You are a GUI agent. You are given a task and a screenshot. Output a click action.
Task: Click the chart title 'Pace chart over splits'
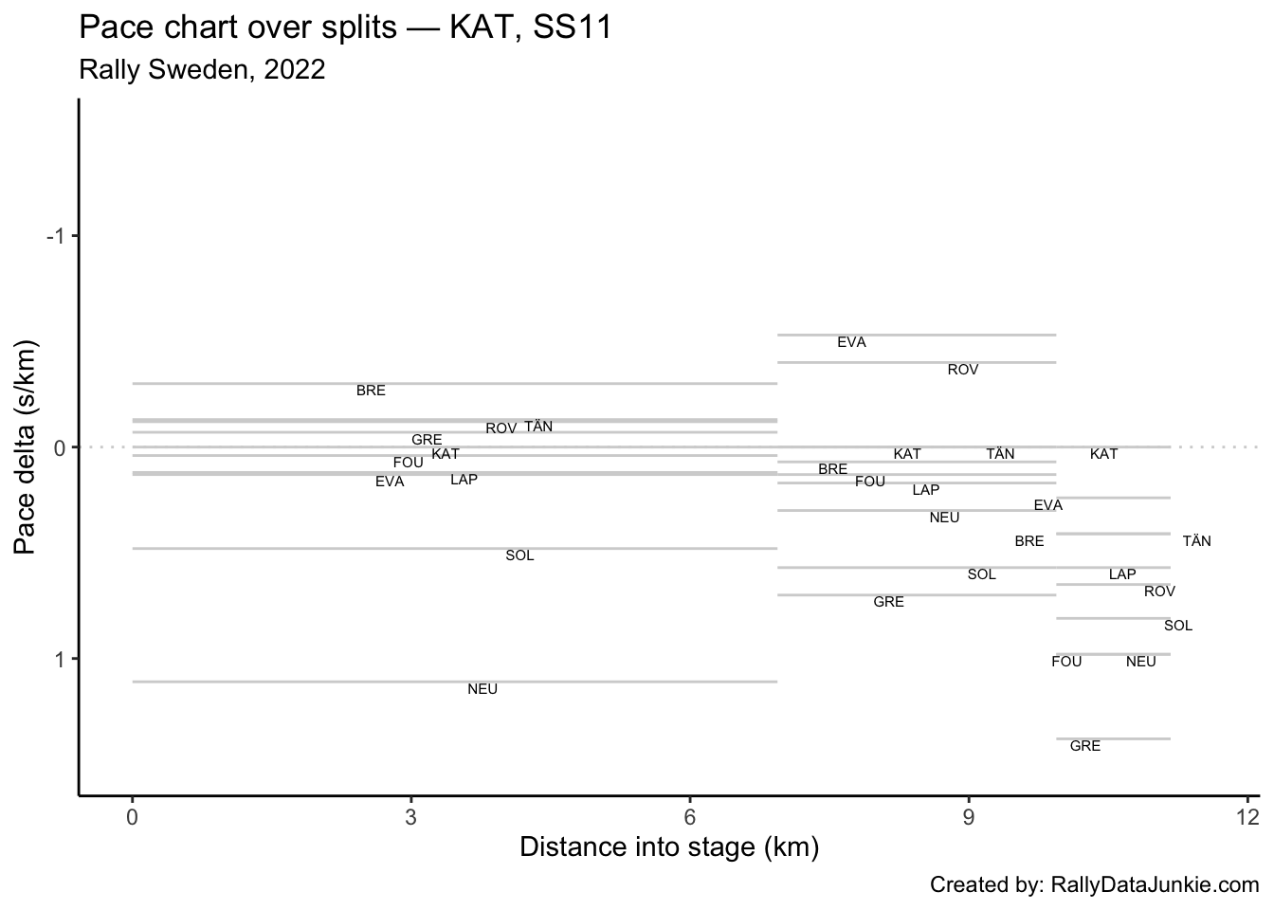[345, 27]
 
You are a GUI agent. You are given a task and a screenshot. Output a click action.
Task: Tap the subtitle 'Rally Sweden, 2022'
[203, 70]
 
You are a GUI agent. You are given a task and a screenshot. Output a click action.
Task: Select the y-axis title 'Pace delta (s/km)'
[26, 446]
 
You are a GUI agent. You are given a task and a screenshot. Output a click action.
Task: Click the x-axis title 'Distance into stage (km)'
[669, 846]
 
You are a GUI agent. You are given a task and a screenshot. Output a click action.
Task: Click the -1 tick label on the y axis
[57, 235]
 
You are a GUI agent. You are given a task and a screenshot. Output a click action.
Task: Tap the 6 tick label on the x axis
[690, 817]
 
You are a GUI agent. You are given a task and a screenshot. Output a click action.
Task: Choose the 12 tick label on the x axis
[1247, 817]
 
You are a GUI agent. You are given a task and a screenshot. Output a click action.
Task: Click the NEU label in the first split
[482, 689]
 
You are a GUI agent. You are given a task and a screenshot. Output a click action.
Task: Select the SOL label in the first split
[519, 555]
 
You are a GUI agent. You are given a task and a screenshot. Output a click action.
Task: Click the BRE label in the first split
[371, 391]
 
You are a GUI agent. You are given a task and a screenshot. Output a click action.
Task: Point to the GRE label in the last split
[1085, 746]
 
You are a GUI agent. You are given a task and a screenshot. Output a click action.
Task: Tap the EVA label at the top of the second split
[851, 342]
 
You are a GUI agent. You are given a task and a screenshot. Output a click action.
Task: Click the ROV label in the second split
[963, 370]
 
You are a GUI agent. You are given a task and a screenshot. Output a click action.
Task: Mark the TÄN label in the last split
[1196, 541]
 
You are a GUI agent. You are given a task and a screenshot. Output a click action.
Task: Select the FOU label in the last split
[1066, 662]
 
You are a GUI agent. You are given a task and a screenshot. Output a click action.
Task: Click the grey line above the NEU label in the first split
[455, 681]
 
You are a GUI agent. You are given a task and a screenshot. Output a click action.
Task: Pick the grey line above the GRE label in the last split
[1113, 738]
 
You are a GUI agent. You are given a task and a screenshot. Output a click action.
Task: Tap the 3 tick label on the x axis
[410, 817]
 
